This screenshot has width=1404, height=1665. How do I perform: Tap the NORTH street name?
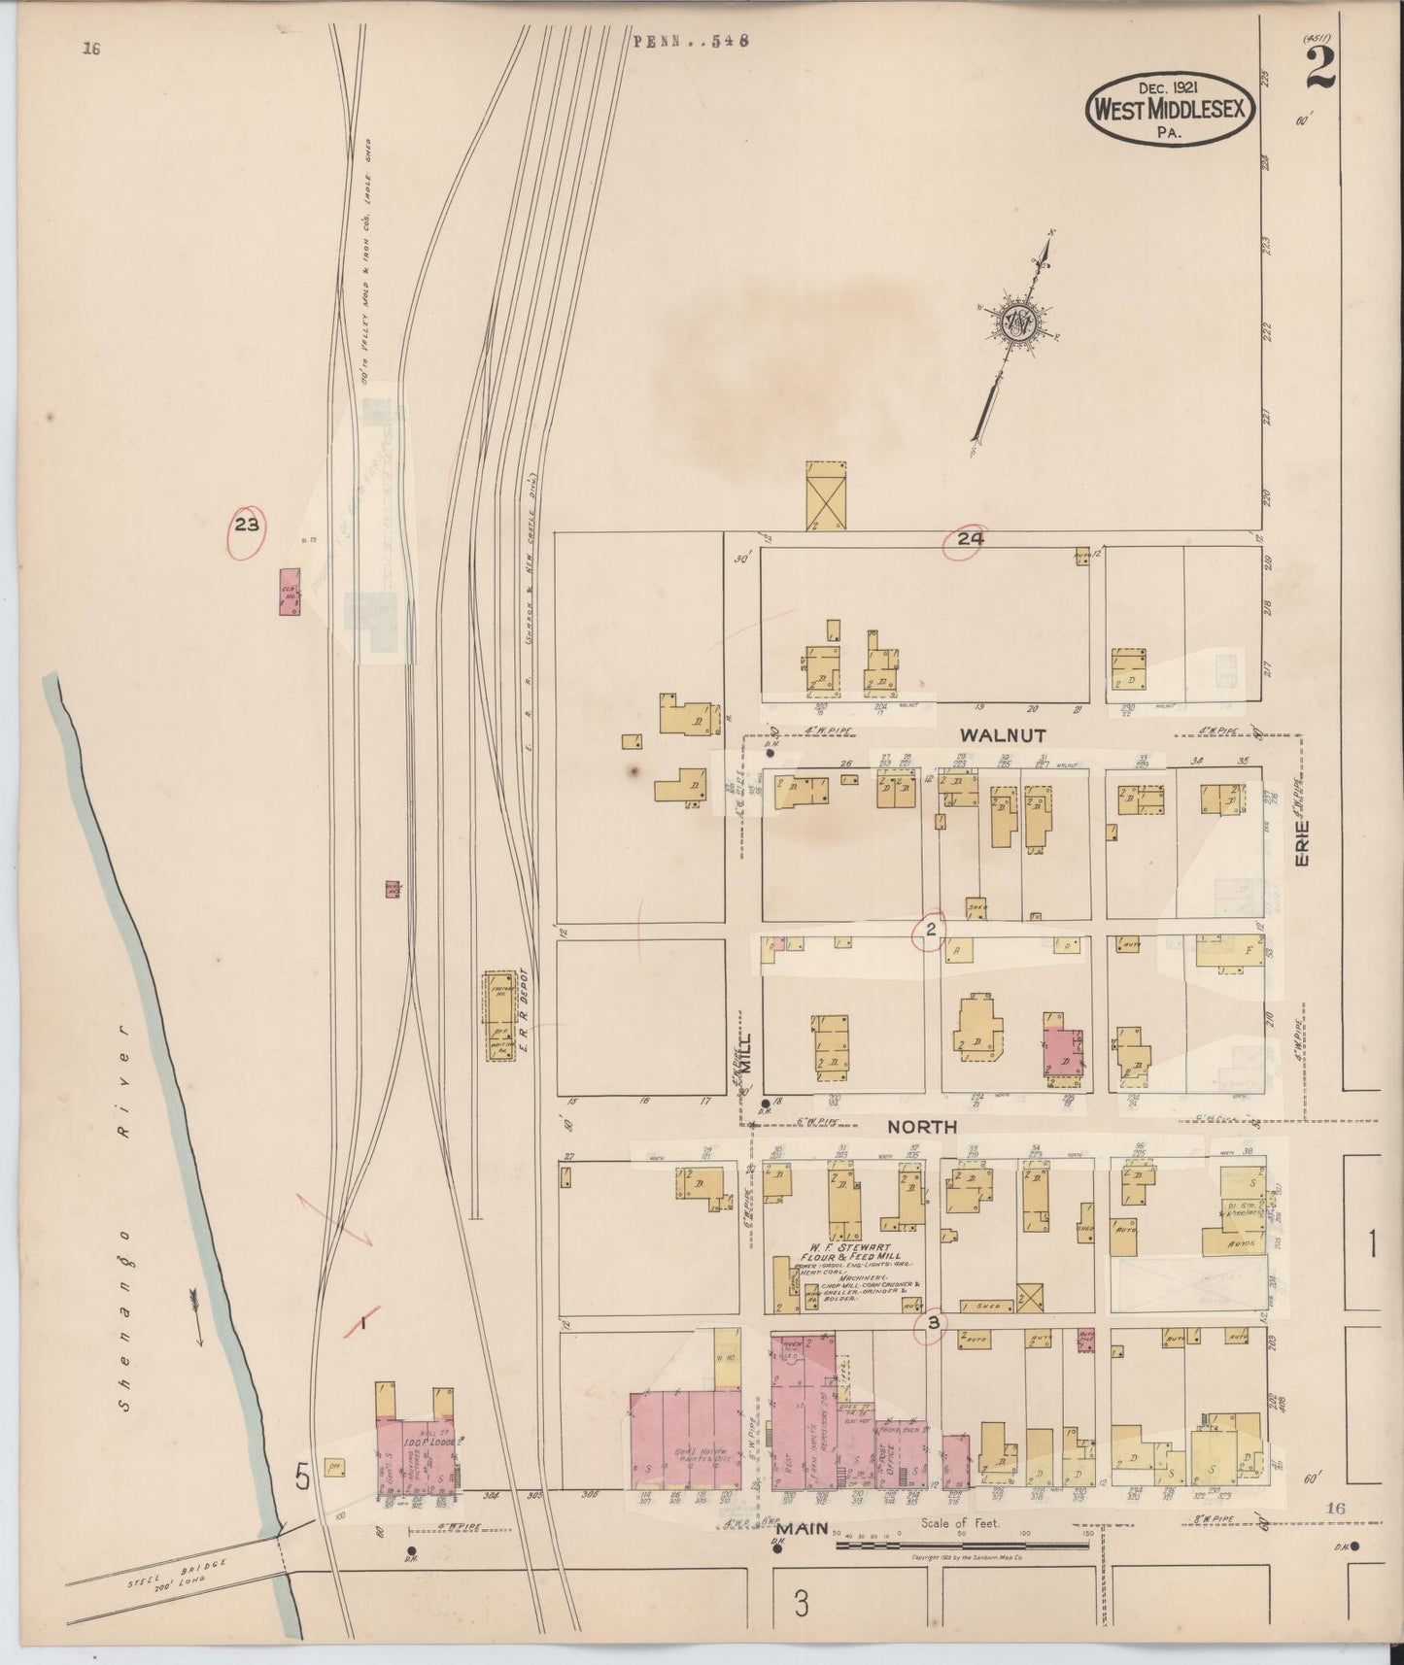(x=922, y=1127)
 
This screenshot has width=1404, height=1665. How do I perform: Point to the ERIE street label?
(x=1304, y=844)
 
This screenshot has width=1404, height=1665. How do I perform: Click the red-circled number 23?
(x=246, y=527)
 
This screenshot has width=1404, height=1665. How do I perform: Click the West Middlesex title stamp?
(x=1170, y=110)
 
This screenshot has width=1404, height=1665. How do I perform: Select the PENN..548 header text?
(x=690, y=41)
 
